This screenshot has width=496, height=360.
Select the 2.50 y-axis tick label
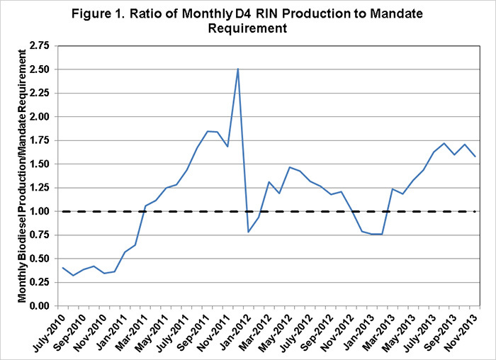pyautogui.click(x=39, y=69)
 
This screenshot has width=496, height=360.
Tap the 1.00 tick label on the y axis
pyautogui.click(x=39, y=211)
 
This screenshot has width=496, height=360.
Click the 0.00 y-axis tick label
pyautogui.click(x=39, y=305)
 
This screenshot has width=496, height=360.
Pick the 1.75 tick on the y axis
pyautogui.click(x=39, y=140)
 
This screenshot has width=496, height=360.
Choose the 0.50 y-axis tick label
pyautogui.click(x=39, y=259)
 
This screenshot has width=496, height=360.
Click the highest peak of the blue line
pyautogui.click(x=238, y=69)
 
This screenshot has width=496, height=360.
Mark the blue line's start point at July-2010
pyautogui.click(x=62, y=268)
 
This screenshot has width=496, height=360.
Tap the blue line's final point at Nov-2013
pyautogui.click(x=475, y=157)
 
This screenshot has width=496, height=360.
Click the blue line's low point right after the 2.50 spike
pyautogui.click(x=249, y=232)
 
